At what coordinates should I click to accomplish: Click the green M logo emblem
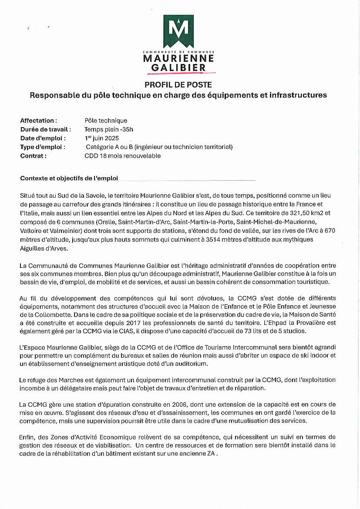[178, 31]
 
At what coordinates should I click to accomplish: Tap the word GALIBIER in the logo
[178, 67]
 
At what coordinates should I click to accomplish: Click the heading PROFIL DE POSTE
[178, 84]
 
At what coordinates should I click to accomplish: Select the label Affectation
[38, 121]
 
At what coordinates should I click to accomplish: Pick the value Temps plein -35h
[109, 129]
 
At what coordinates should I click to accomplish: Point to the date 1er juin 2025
[102, 138]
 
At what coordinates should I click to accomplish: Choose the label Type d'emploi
[43, 147]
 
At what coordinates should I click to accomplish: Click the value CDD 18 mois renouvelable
[123, 156]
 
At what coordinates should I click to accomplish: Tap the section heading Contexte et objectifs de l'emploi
[69, 178]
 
